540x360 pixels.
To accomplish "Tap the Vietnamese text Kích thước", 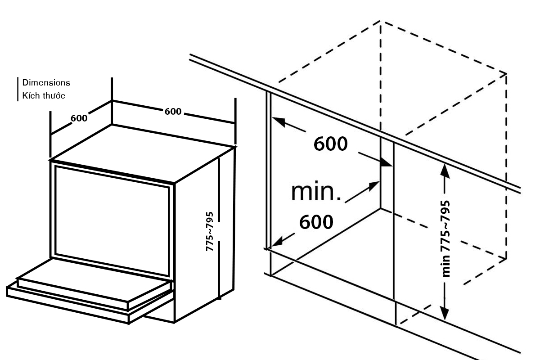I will [43, 95].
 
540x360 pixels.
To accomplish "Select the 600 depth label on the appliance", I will [79, 118].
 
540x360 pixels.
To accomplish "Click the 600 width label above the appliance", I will [173, 111].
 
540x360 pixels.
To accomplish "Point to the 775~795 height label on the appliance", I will [210, 231].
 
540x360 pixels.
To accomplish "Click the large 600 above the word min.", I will [331, 144].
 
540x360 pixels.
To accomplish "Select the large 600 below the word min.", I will [316, 221].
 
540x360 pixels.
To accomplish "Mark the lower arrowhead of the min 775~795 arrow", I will [444, 314].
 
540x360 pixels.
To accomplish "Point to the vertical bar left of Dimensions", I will [18, 89].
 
